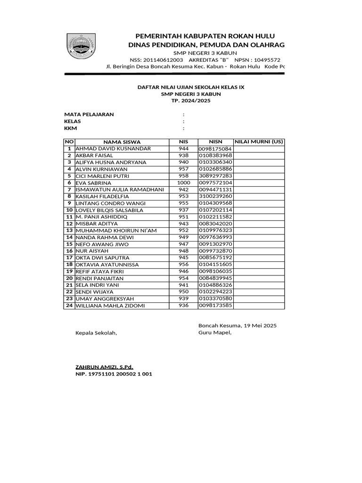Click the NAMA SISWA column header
tap(122, 142)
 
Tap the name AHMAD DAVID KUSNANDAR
tap(113, 149)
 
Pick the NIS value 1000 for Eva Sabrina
tap(183, 183)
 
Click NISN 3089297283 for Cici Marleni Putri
tap(215, 176)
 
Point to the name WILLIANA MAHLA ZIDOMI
tap(110, 306)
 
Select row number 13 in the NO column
tap(69, 231)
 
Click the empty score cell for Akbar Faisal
tap(259, 155)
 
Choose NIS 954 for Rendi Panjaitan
tap(183, 278)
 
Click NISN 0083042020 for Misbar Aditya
tap(215, 224)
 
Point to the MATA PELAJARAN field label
tap(89, 115)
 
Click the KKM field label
tap(71, 128)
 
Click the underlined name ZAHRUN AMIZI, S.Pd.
tap(105, 366)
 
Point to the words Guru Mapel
tap(215, 333)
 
